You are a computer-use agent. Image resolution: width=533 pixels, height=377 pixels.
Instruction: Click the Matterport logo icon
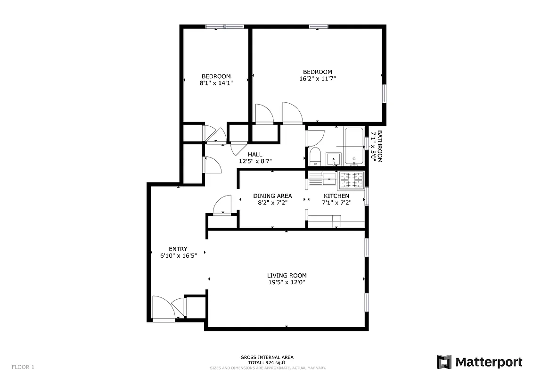pos(444,362)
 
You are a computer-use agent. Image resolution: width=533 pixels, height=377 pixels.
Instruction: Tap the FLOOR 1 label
pos(23,367)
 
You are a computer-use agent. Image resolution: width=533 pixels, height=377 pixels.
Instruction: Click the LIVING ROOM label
pos(287,276)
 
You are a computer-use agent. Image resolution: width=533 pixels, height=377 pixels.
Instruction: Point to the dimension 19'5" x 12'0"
pos(287,283)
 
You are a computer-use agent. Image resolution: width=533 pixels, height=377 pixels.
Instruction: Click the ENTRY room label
pos(178,249)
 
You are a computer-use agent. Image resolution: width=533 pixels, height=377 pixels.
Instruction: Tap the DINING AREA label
pos(272,196)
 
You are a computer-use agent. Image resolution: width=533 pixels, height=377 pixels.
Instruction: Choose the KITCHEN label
pos(336,196)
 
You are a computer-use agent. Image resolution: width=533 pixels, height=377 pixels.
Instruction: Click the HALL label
pos(255,154)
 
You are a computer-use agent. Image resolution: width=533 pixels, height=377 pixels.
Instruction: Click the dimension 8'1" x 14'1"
pos(216,83)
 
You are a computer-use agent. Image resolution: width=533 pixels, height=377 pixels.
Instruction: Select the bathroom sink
pos(334,159)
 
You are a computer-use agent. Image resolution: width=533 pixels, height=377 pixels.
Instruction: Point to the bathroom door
pos(315,138)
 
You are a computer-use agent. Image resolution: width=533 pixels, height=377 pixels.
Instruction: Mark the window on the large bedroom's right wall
pos(384,93)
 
